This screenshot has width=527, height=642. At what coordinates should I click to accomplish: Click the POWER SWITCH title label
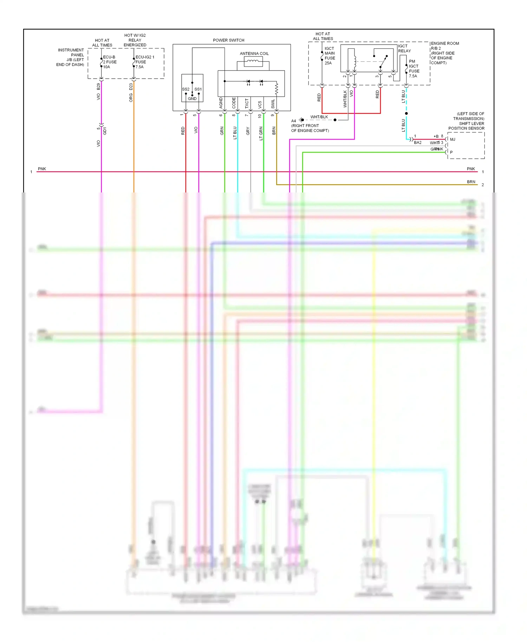coord(228,40)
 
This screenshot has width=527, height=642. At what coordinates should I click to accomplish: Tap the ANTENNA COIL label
coord(254,54)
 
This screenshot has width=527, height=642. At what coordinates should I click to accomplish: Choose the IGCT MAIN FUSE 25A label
coord(330,56)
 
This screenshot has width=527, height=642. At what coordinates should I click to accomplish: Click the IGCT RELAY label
coord(404,48)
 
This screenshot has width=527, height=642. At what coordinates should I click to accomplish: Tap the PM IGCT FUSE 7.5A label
coord(414,68)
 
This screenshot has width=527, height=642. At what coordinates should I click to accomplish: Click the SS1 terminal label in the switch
coord(198,89)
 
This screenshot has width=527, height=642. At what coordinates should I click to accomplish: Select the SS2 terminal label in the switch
coord(186,89)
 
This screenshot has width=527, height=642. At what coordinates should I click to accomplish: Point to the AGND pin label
coord(221,103)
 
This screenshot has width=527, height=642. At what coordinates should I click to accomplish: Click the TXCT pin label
coord(247,103)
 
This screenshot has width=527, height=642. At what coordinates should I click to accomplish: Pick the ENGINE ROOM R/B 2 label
coord(444,53)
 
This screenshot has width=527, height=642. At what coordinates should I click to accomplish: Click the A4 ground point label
coord(294,121)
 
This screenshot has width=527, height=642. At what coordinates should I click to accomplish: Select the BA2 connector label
coord(417,143)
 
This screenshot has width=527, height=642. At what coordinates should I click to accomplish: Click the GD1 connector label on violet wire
coord(105,131)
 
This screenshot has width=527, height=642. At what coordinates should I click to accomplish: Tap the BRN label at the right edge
coord(471,182)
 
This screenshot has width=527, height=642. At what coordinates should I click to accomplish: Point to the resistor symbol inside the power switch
coord(277,89)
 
